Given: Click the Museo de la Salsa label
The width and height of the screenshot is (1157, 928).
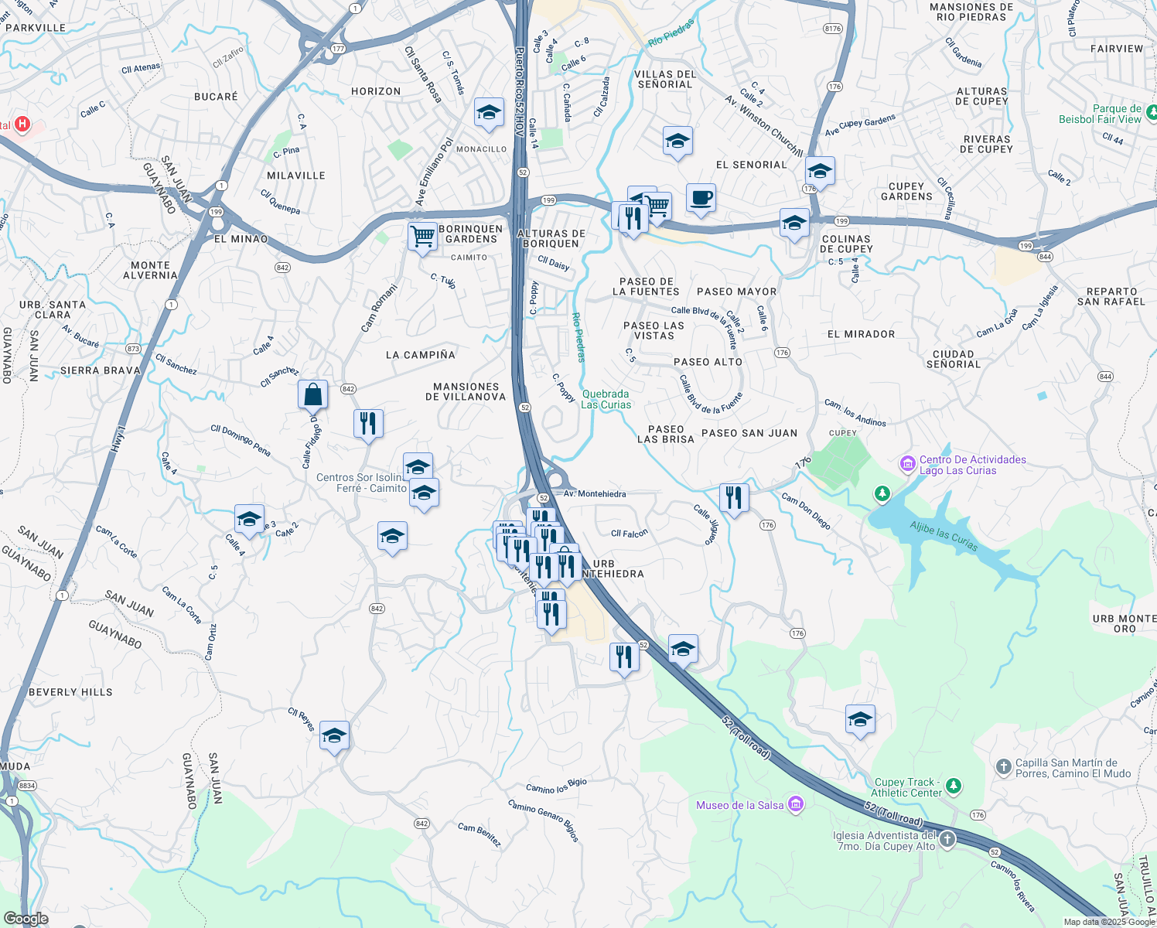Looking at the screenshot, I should (x=740, y=805).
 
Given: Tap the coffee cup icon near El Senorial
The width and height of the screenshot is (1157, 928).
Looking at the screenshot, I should (x=701, y=198).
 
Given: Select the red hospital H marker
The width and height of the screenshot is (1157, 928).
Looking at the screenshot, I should (x=22, y=124).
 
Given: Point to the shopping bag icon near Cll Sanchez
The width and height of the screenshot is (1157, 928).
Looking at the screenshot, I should (x=312, y=394).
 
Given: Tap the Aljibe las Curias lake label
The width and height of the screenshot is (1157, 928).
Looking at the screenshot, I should (x=944, y=536).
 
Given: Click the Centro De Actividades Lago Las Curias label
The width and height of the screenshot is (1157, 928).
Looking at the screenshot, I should (x=972, y=465).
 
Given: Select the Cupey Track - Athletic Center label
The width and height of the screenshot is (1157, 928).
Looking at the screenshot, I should (x=906, y=787).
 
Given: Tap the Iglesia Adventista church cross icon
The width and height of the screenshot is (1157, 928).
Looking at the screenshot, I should (x=947, y=841).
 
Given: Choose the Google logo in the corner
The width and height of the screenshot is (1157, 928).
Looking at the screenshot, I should (x=26, y=919).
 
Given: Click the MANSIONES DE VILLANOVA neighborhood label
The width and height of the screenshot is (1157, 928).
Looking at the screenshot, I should (x=466, y=391).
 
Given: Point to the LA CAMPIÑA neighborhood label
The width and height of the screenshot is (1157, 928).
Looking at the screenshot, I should (x=420, y=355).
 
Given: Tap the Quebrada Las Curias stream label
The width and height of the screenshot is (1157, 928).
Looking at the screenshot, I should (x=606, y=399).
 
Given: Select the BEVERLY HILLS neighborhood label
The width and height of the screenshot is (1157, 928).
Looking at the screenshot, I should (x=70, y=692).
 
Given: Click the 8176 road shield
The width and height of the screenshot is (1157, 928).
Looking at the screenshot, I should (x=832, y=29).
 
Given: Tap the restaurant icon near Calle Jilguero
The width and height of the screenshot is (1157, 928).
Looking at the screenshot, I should (x=733, y=496).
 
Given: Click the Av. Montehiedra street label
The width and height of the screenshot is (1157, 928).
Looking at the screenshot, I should (x=595, y=493).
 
